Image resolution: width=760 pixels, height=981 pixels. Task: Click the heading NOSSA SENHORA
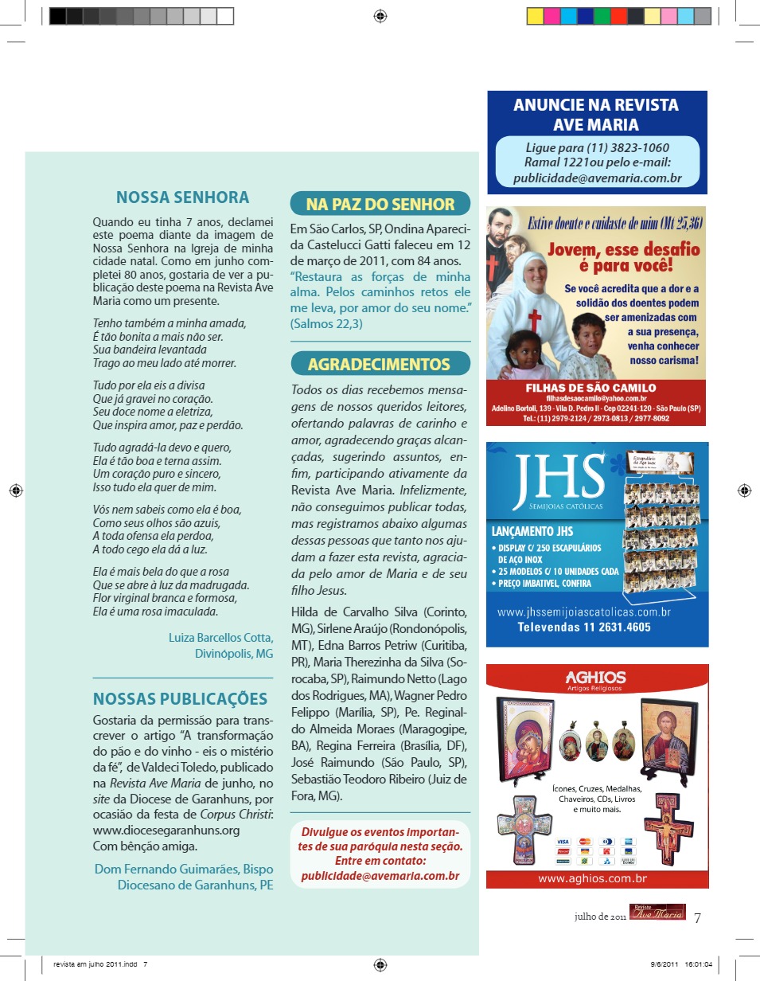(182, 197)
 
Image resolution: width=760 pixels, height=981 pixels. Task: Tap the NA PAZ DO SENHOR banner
(380, 204)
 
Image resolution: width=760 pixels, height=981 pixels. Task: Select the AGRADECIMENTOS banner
(380, 364)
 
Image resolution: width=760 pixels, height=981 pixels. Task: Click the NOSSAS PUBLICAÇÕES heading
(180, 699)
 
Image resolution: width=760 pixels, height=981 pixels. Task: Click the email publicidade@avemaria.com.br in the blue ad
(597, 178)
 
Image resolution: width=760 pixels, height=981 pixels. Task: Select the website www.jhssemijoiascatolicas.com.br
(584, 612)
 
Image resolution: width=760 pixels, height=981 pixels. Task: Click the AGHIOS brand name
(595, 678)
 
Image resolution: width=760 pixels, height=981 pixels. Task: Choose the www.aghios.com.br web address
(592, 879)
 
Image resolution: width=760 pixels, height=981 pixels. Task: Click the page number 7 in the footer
(697, 917)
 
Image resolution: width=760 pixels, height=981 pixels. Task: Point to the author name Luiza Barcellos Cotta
(220, 638)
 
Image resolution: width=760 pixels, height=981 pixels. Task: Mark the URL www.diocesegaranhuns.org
(166, 830)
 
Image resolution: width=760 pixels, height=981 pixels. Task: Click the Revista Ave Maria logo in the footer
(657, 913)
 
